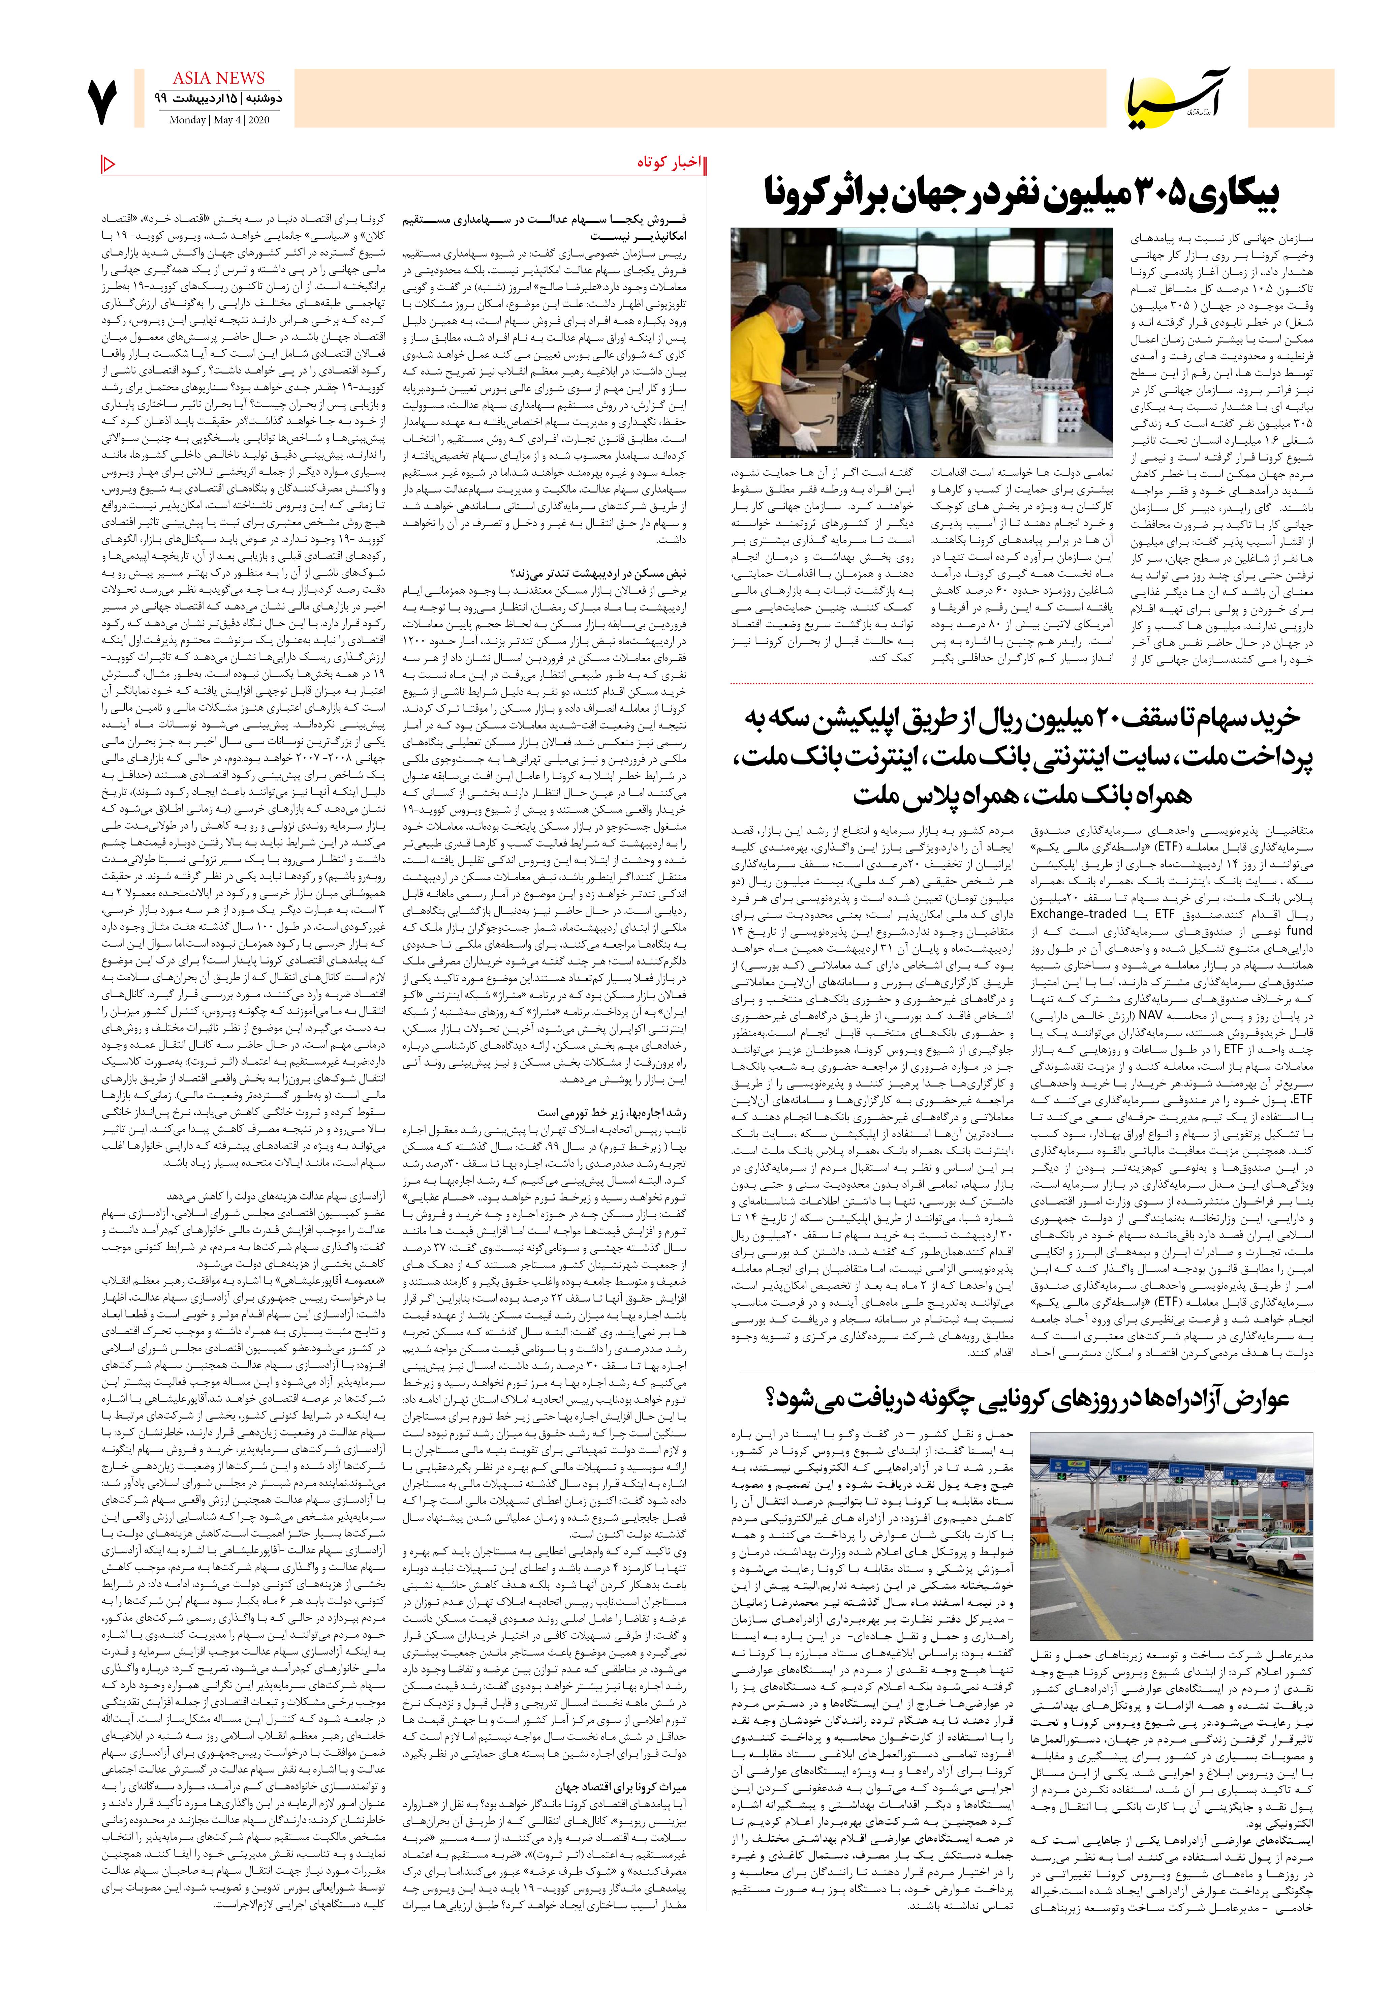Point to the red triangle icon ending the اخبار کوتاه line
(109, 163)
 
